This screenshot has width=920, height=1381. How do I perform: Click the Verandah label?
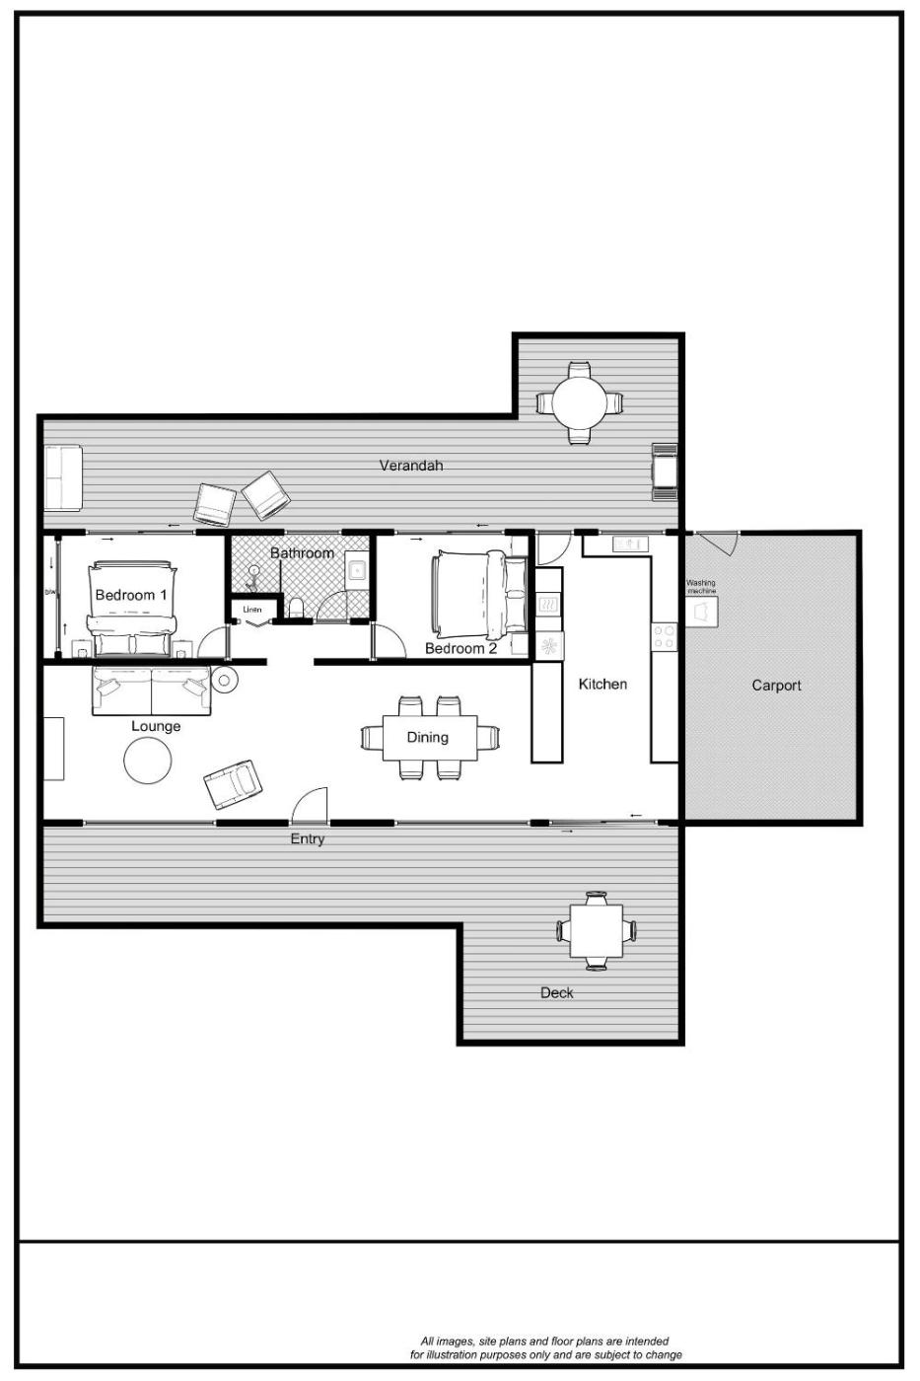(x=410, y=466)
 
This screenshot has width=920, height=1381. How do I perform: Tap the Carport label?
(x=776, y=686)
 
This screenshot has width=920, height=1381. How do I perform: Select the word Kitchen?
(x=602, y=684)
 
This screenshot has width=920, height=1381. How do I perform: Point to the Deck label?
(x=556, y=992)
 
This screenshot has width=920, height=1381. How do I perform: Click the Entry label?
(x=307, y=839)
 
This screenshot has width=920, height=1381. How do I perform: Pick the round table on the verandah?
(x=579, y=403)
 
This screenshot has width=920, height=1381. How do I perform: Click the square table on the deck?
(x=596, y=931)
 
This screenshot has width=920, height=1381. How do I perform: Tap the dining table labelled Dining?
(x=430, y=738)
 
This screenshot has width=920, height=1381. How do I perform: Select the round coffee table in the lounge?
(x=148, y=761)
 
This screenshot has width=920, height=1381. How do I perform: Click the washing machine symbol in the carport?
(x=702, y=612)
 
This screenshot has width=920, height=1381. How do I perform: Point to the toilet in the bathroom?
(x=297, y=608)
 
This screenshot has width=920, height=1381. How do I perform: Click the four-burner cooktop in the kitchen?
(x=665, y=637)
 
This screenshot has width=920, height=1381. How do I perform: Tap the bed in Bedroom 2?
(x=480, y=595)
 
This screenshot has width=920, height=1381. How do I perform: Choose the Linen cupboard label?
(x=252, y=610)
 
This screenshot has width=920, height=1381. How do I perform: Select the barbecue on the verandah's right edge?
(x=665, y=472)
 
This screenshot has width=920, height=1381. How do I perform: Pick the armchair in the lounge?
(x=233, y=784)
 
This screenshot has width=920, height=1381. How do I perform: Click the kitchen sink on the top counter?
(x=630, y=544)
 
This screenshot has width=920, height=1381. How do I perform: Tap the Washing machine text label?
(x=701, y=586)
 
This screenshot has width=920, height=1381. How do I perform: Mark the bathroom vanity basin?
(x=357, y=571)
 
